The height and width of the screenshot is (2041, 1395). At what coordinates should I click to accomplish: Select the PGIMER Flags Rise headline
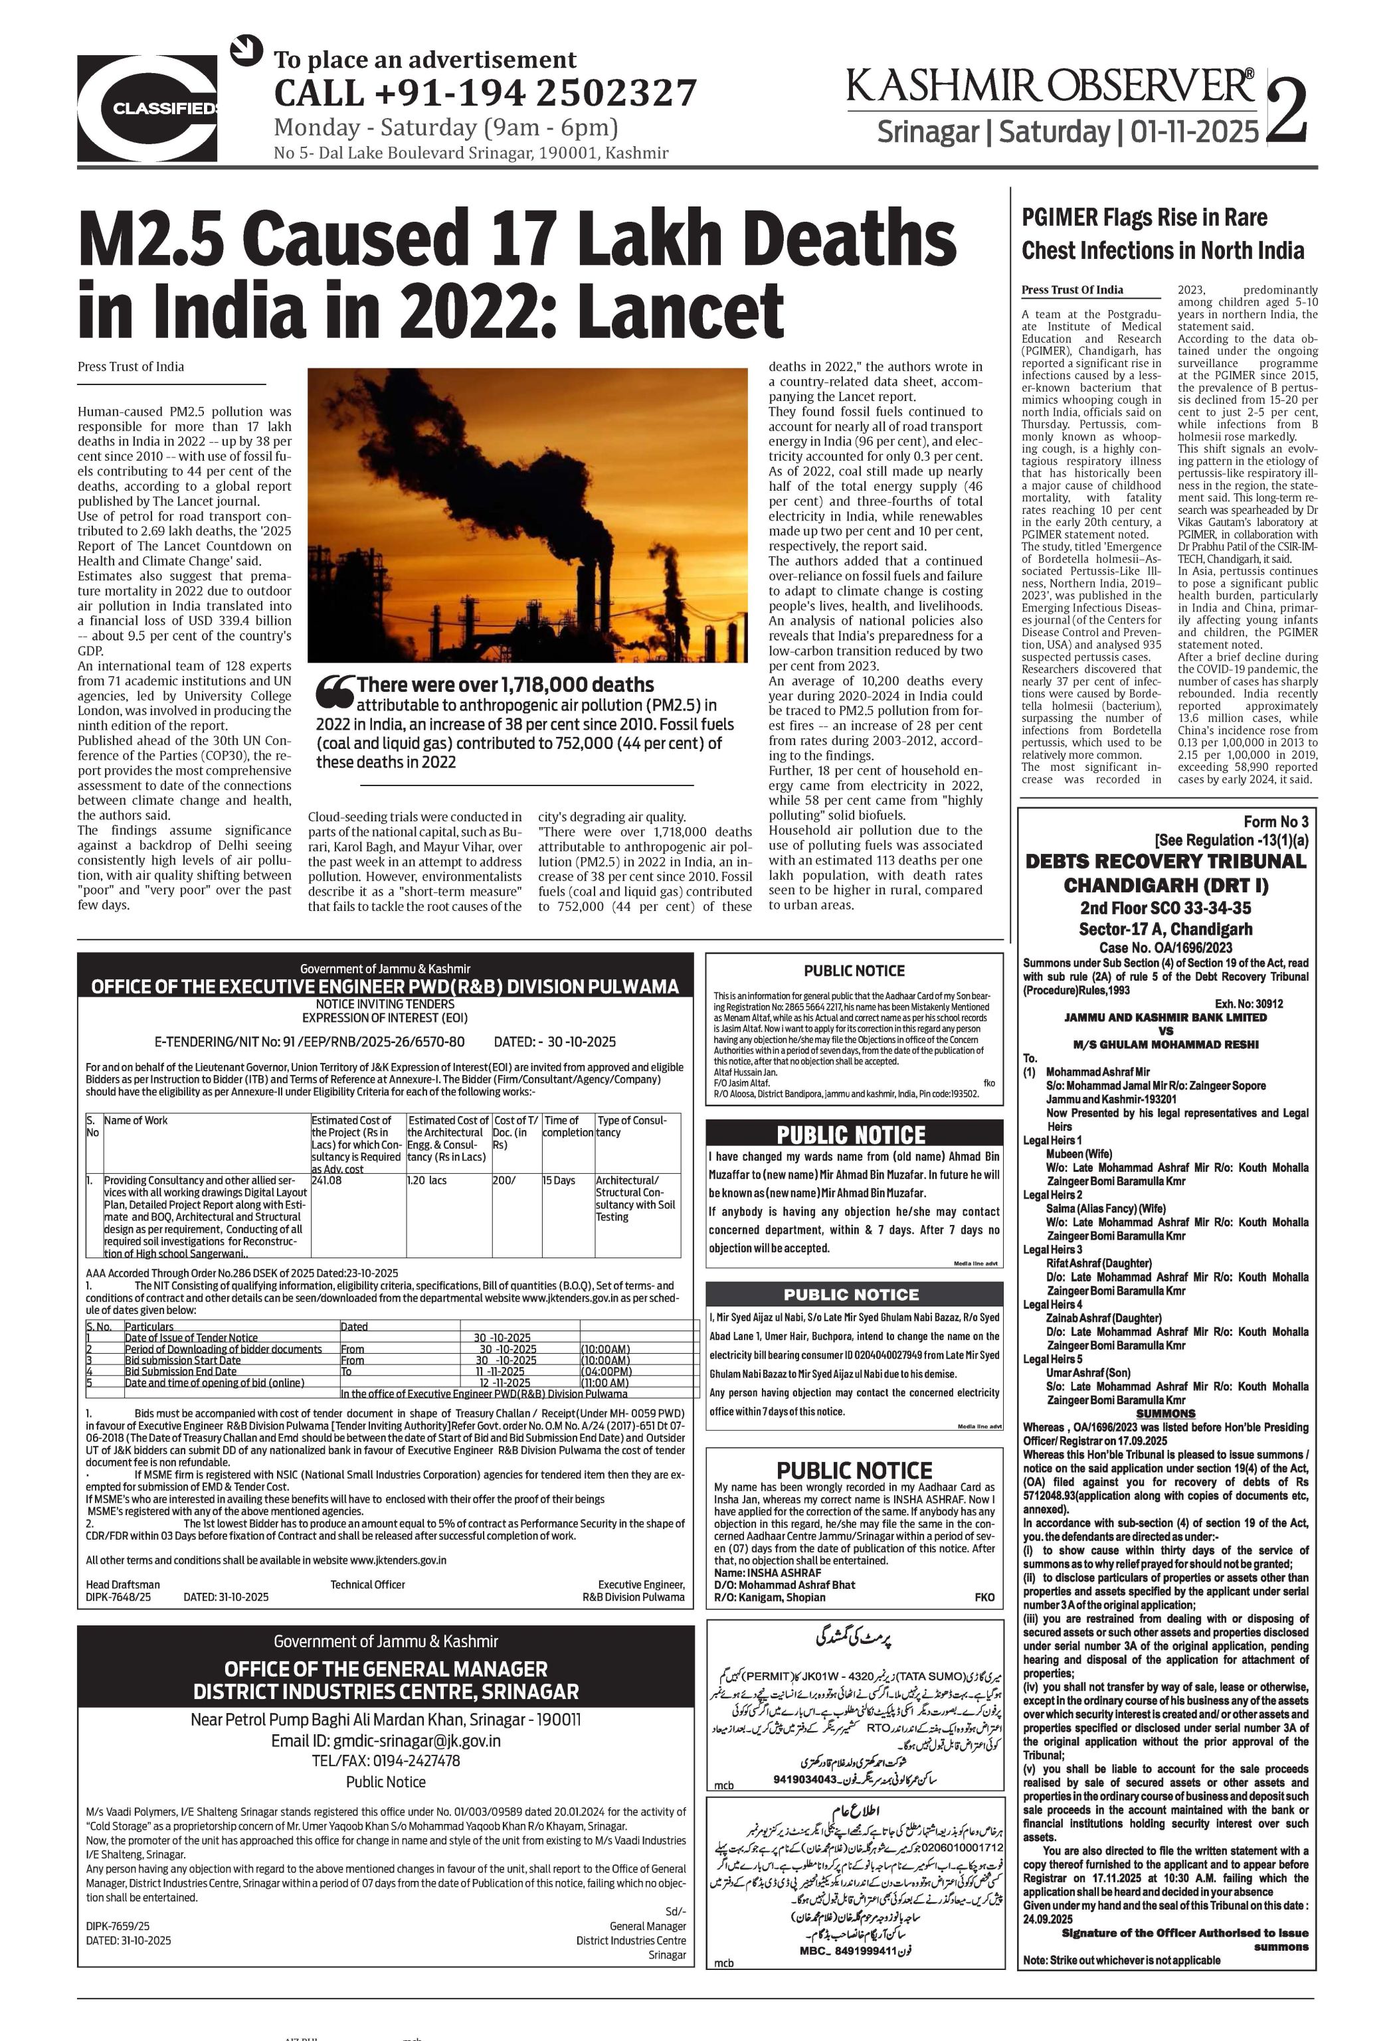click(x=1162, y=234)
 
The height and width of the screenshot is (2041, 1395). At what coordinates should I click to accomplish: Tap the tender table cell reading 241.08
click(x=327, y=1181)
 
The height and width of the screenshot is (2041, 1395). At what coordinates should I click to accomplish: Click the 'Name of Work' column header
click(x=136, y=1121)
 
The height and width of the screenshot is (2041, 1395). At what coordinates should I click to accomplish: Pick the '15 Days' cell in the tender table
click(x=559, y=1181)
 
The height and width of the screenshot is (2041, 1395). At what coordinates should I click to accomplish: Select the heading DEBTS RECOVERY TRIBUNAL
click(x=1166, y=860)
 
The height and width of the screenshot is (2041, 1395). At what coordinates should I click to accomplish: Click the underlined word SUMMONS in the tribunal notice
click(x=1166, y=1413)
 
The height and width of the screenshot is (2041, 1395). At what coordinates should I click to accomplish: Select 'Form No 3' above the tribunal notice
click(x=1275, y=822)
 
